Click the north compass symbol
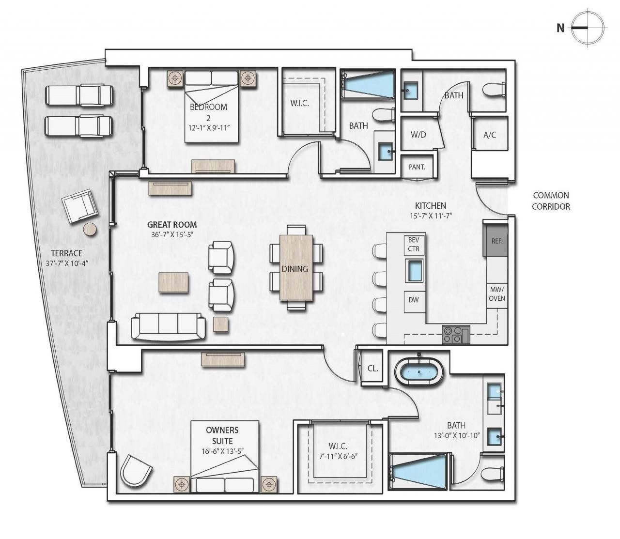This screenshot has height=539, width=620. [x=587, y=28]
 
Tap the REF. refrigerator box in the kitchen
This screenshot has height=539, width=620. [x=496, y=240]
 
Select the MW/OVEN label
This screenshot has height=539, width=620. [x=496, y=293]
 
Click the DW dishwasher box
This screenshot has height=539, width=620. [x=414, y=300]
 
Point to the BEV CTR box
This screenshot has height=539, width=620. [x=414, y=245]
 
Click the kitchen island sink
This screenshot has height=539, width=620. [x=414, y=271]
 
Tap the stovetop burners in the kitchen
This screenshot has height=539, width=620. [x=455, y=335]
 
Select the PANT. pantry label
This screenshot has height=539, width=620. [x=417, y=167]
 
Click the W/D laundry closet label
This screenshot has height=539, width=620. [x=418, y=135]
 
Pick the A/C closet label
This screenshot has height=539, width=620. [x=490, y=135]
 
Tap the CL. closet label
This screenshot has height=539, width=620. [x=372, y=369]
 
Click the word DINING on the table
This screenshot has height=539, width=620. [x=295, y=269]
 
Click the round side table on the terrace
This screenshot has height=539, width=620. [x=90, y=230]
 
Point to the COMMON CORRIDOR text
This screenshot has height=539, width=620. [x=551, y=201]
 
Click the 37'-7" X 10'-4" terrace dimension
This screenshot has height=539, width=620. [x=70, y=264]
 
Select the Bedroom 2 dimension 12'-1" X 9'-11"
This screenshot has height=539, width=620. [x=208, y=128]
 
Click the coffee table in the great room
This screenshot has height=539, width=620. [x=174, y=282]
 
